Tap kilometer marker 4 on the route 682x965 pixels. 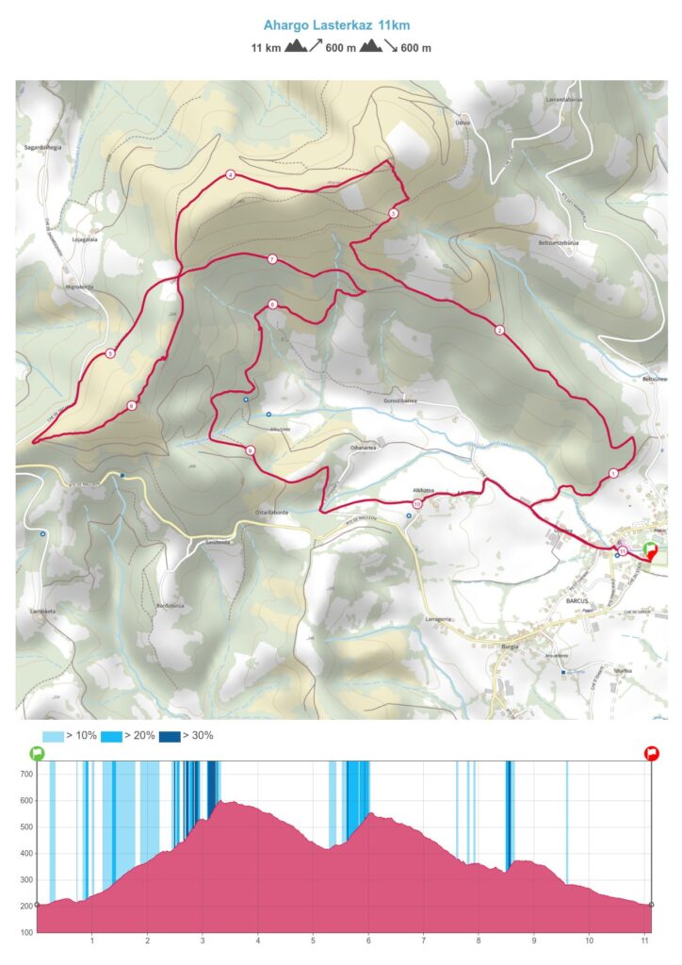click(230, 174)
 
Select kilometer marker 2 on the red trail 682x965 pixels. click(499, 330)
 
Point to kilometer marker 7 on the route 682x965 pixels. click(271, 259)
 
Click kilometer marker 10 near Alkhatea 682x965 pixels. click(417, 504)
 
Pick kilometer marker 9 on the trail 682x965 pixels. click(250, 451)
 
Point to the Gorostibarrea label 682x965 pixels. click(399, 400)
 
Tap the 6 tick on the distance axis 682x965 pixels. click(368, 940)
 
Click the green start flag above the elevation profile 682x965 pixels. click(37, 752)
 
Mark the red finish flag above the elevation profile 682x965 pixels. click(651, 752)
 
